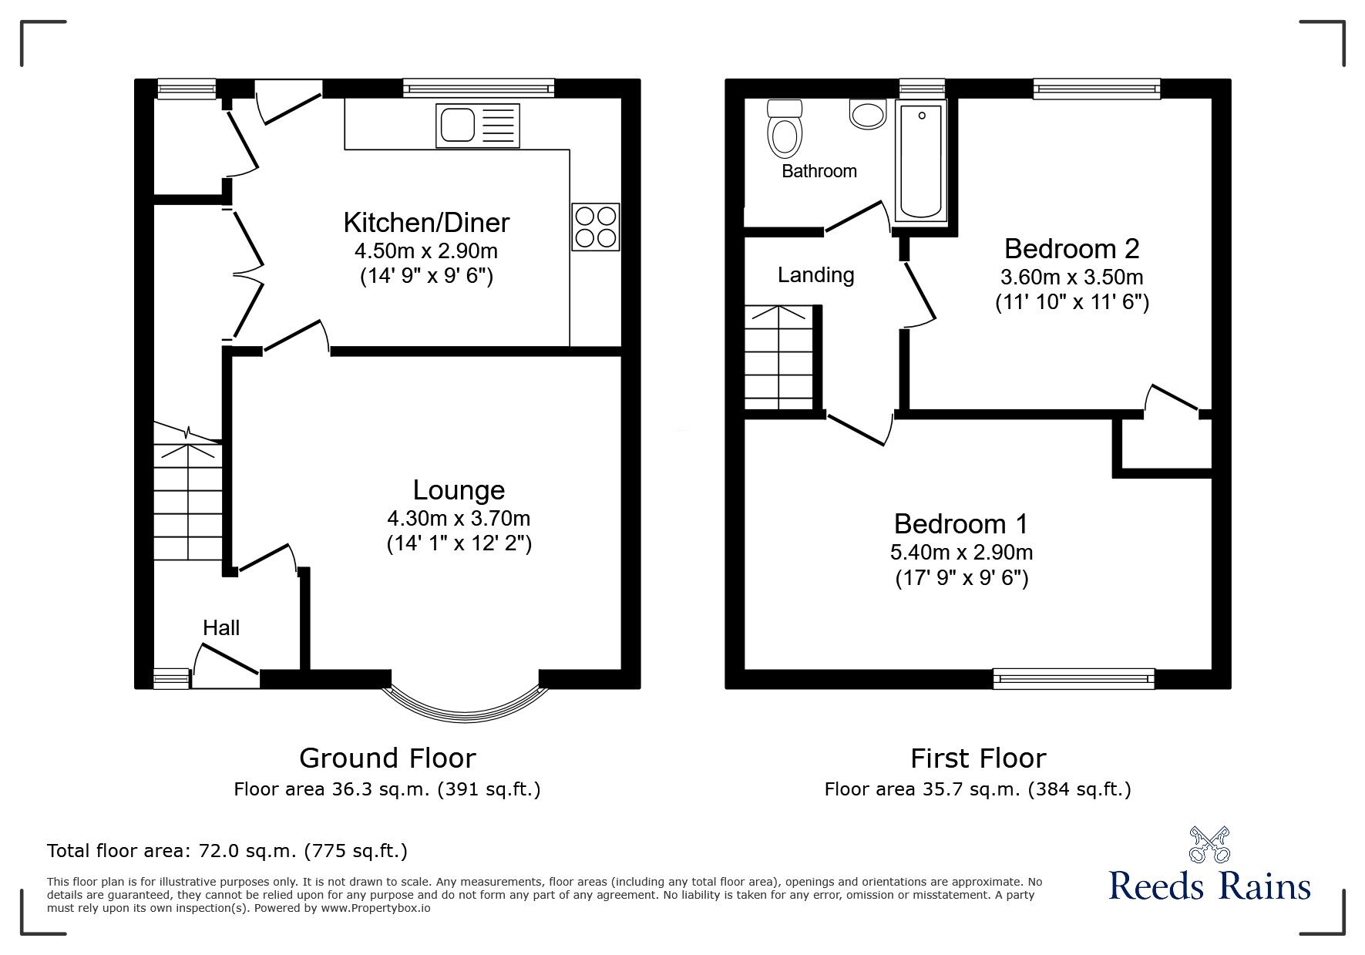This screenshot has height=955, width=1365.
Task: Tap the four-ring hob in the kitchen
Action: (x=594, y=227)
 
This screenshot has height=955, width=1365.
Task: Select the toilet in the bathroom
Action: (x=785, y=129)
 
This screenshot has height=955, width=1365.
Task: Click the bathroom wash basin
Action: (x=868, y=115)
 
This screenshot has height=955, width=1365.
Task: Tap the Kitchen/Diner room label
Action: (x=426, y=223)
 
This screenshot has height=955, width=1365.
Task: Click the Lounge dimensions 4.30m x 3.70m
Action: (x=459, y=518)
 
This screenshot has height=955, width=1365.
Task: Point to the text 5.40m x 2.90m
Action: (x=961, y=552)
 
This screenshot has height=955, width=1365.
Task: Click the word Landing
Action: (x=815, y=275)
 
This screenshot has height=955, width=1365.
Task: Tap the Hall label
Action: (x=221, y=627)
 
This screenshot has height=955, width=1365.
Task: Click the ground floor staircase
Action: (x=188, y=501)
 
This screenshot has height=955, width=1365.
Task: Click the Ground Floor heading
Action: (x=387, y=758)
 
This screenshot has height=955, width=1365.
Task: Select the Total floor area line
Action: (x=227, y=851)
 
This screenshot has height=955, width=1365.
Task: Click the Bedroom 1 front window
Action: (x=1074, y=678)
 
